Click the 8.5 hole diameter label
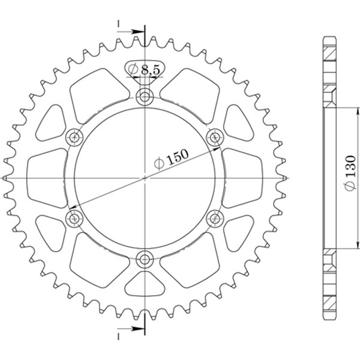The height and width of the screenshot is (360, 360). (145, 70)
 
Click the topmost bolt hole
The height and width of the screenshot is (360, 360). (145, 97)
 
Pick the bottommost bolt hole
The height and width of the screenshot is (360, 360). (145, 259)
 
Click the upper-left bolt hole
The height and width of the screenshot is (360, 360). (74, 137)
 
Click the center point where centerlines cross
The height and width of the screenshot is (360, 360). (145, 178)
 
